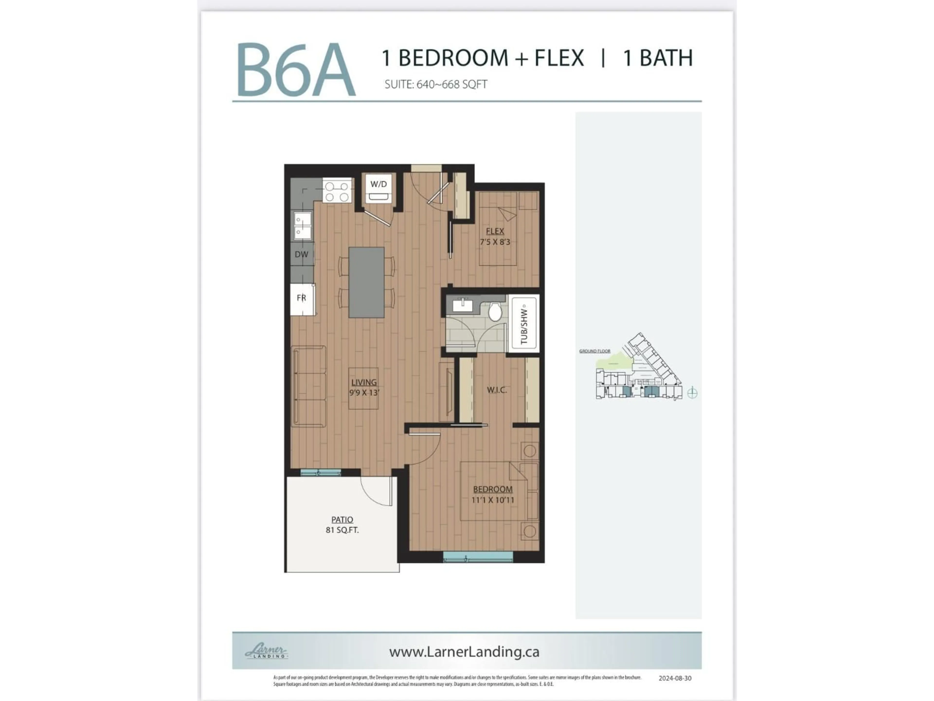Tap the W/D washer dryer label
[x=378, y=184]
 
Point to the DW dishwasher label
[x=301, y=254]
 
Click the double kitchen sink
[x=302, y=226]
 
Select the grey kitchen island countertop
[x=366, y=282]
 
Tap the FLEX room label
[x=495, y=231]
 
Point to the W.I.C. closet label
[x=497, y=390]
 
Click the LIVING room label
[x=364, y=382]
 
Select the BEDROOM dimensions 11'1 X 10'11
[x=493, y=500]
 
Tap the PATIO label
[x=342, y=520]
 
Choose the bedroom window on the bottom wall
[x=478, y=557]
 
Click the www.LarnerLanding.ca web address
[x=464, y=652]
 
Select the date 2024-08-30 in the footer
[x=675, y=678]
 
